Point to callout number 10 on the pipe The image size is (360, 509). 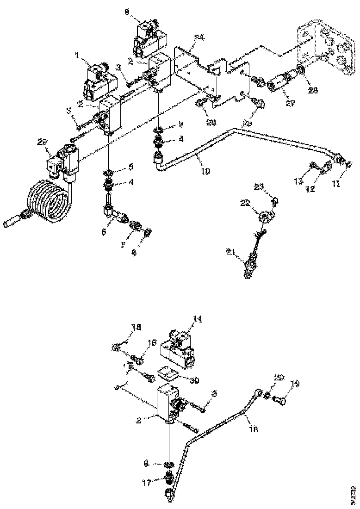point(205,171)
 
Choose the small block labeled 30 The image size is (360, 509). point(168,373)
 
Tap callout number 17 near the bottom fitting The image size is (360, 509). point(147,482)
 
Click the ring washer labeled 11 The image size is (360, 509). point(350,163)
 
